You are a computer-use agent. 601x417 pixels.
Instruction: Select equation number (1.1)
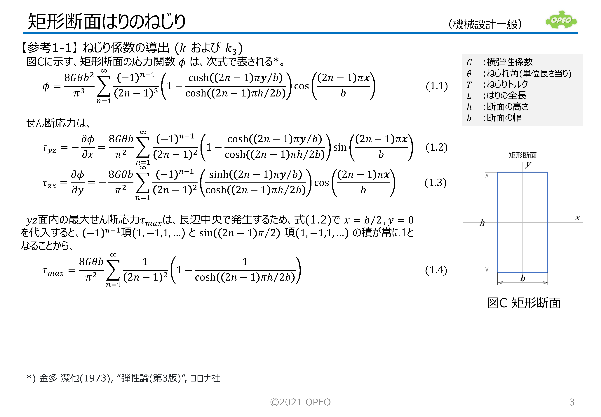pyautogui.click(x=436, y=86)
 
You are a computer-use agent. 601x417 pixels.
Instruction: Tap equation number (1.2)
pyautogui.click(x=436, y=147)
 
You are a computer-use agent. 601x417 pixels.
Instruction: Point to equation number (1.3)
pyautogui.click(x=435, y=182)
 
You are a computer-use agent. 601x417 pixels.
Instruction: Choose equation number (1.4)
pyautogui.click(x=436, y=270)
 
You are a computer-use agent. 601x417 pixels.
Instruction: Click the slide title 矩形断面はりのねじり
pyautogui.click(x=107, y=21)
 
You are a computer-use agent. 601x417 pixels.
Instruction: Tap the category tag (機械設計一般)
pyautogui.click(x=485, y=24)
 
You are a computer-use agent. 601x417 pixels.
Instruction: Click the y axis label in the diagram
pyautogui.click(x=528, y=164)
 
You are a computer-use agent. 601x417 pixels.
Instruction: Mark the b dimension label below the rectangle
pyautogui.click(x=522, y=278)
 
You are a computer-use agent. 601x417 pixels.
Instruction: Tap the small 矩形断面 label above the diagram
pyautogui.click(x=522, y=155)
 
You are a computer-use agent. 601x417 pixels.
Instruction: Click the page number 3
pyautogui.click(x=572, y=402)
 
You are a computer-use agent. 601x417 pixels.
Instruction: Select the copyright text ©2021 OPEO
pyautogui.click(x=300, y=402)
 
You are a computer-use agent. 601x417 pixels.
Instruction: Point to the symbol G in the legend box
pyautogui.click(x=469, y=62)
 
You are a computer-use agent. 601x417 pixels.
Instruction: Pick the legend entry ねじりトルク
pyautogui.click(x=507, y=84)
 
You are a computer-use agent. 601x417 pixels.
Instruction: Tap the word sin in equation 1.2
pyautogui.click(x=340, y=147)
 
